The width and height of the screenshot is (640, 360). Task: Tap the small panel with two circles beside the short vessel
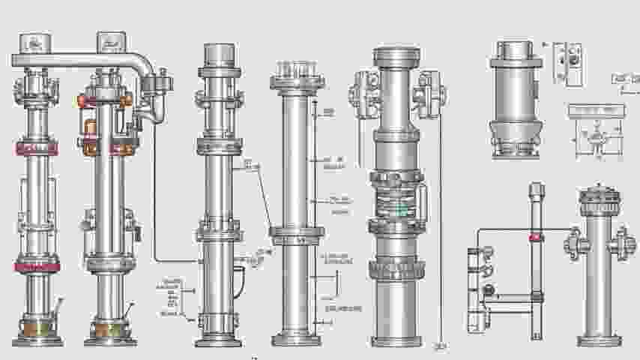point(567,63)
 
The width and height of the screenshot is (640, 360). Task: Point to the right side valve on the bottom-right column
point(621,243)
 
